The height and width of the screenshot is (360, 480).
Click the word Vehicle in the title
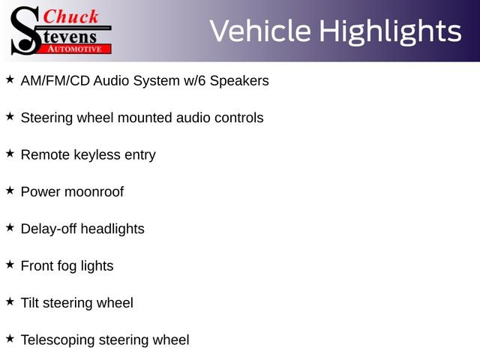pyautogui.click(x=260, y=31)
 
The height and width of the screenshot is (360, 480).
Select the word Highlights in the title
pyautogui.click(x=390, y=31)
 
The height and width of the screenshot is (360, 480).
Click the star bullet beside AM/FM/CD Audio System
pyautogui.click(x=10, y=79)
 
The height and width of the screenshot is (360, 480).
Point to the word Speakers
pyautogui.click(x=238, y=81)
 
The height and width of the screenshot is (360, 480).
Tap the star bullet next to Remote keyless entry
pyautogui.click(x=10, y=153)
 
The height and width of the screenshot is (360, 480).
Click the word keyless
pyautogui.click(x=97, y=155)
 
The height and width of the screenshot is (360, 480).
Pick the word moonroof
pyautogui.click(x=94, y=192)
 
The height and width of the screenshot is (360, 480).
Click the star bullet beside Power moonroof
pyautogui.click(x=10, y=190)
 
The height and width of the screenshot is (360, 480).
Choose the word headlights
pyautogui.click(x=112, y=229)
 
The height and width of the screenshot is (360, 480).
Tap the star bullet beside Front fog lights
pyautogui.click(x=10, y=264)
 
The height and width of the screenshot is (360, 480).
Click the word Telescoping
pyautogui.click(x=58, y=340)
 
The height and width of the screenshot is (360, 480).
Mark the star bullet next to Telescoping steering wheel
pyautogui.click(x=10, y=338)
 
